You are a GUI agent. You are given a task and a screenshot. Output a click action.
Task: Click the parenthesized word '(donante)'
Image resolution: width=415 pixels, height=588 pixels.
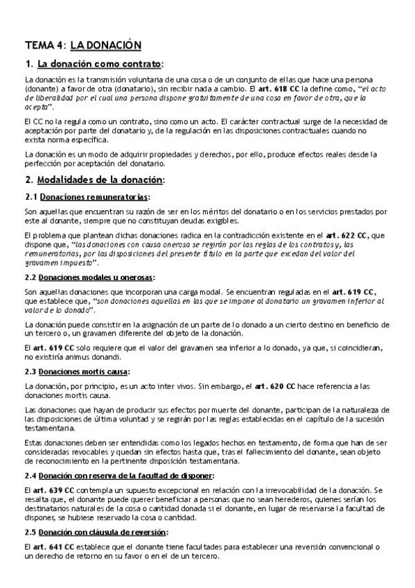[42, 90]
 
